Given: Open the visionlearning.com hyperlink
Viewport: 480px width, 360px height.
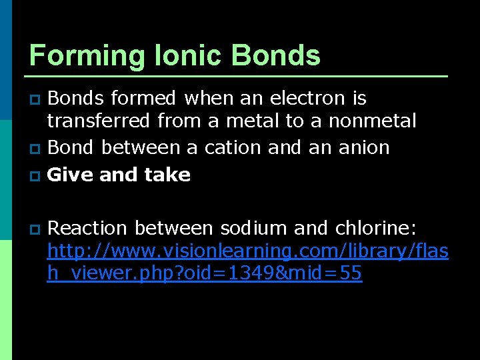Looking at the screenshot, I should [x=247, y=251].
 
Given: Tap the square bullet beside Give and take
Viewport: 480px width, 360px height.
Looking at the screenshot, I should [x=36, y=176].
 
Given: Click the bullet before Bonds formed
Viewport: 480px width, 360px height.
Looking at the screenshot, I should [x=36, y=100].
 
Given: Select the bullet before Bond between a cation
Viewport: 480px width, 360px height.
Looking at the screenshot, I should [x=36, y=148].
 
